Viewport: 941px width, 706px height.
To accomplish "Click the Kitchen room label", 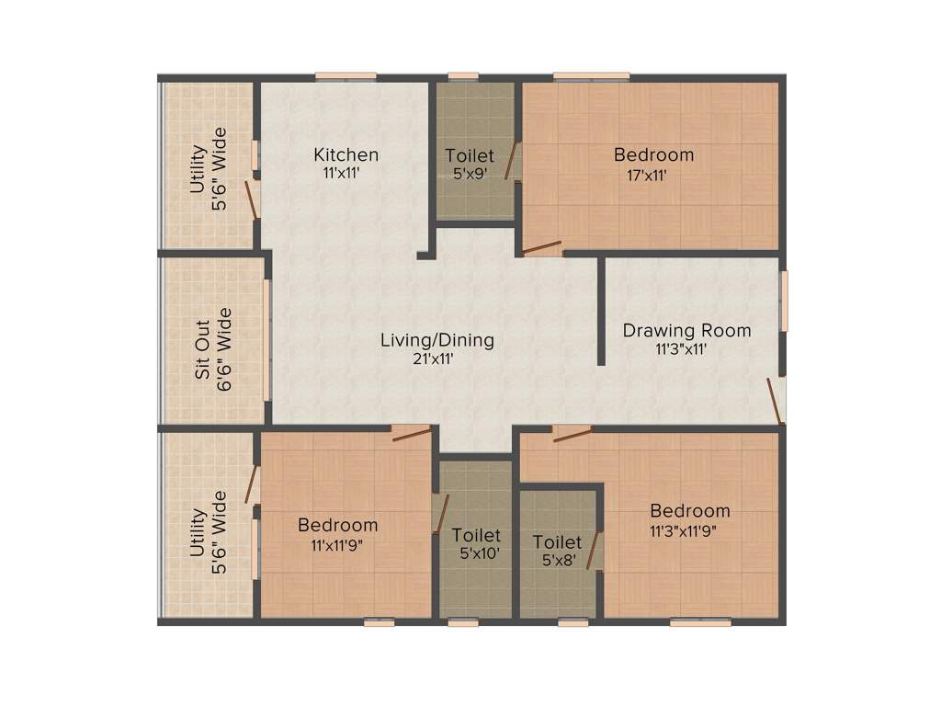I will [x=346, y=154].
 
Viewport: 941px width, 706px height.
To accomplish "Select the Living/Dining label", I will [x=437, y=340].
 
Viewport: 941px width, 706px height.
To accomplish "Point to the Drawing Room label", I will [x=686, y=330].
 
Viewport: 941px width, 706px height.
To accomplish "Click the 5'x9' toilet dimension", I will [x=469, y=172].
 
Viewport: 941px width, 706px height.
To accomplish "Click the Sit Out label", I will [x=202, y=349].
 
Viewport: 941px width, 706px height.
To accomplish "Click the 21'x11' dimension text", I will [x=437, y=359].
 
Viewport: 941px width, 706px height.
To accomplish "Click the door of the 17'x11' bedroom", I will [x=541, y=247].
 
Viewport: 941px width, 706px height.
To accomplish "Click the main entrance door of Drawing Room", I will [x=777, y=402].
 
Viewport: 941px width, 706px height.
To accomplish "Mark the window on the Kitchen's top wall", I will [x=346, y=75].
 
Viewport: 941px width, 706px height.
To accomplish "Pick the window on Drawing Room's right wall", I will [x=784, y=301].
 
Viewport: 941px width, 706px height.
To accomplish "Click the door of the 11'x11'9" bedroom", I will [x=411, y=433].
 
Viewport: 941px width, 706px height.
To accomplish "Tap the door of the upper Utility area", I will [x=251, y=199].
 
